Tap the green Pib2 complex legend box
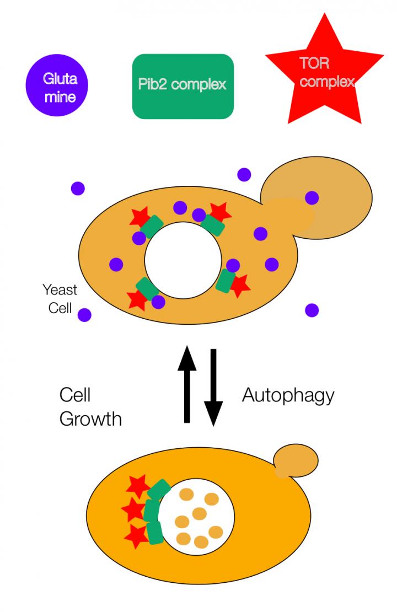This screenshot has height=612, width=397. coord(183,86)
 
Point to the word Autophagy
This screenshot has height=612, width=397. coord(288,395)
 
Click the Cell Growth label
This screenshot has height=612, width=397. coord(89,407)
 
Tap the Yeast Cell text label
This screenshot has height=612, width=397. coord(60,298)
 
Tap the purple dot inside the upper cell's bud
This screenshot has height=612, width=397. coord(312,197)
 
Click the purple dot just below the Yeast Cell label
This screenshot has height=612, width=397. coord(84,315)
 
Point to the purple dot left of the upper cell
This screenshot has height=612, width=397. coord(78,189)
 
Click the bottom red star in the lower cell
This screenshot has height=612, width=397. coord(136,535)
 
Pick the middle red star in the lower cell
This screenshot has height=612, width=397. coord(133,511)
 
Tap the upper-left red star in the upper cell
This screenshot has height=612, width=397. coord(139,217)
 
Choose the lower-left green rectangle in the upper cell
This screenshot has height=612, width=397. coord(148,288)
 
